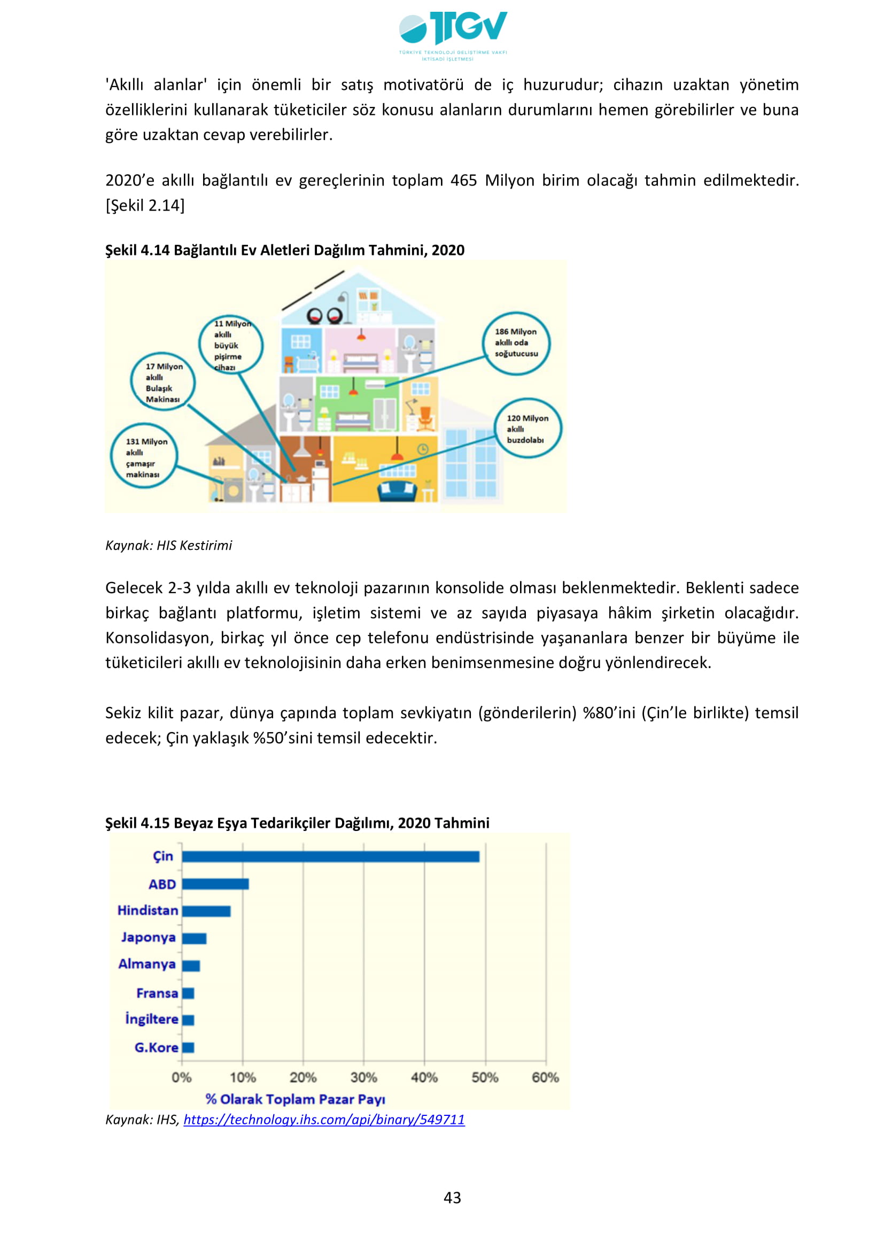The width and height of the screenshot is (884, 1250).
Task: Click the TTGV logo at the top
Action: pos(453,34)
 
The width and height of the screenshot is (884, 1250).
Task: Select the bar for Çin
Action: pos(330,857)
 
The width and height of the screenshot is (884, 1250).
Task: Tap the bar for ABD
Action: pos(215,884)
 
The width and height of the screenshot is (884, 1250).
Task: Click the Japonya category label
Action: pos(148,937)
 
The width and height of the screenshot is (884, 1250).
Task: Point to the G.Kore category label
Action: pos(156,1047)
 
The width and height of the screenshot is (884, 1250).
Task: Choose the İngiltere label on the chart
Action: pos(152,1019)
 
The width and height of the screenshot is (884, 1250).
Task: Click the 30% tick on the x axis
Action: pos(363,1077)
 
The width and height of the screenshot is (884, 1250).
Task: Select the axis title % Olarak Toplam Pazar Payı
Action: pos(295,1099)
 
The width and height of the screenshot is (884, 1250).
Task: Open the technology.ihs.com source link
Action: pos(324,1120)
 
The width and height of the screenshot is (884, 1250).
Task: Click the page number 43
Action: pos(452,1198)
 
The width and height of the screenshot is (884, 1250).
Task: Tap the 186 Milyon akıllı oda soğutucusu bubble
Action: pos(516,343)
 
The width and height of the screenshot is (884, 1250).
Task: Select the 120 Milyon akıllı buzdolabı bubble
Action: pos(527,429)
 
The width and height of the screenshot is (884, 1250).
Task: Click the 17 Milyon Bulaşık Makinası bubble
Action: pos(163,382)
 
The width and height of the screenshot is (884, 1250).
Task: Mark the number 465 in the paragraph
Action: pos(464,180)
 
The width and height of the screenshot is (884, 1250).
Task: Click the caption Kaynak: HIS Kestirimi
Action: pos(168,546)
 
